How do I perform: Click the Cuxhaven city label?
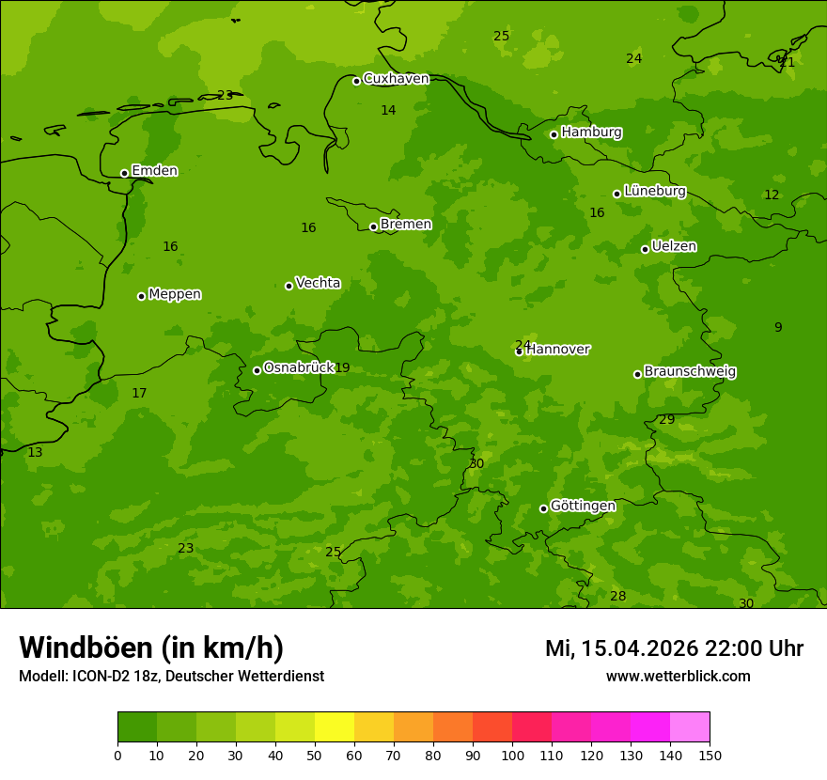coord(396,79)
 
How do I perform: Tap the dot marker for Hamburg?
coord(554,134)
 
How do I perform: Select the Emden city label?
coord(154,171)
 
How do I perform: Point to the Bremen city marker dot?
coord(373,226)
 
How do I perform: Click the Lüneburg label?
coord(654,191)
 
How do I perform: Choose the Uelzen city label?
coord(674,247)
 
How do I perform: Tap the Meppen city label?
coord(174,294)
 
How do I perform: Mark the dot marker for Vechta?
coord(289,286)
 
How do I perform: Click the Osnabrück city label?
coord(298,367)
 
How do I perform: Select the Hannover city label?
coord(558,350)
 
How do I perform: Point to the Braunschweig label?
coord(690,372)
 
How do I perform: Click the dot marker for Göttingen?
coord(543,508)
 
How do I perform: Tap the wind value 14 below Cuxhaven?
coord(388,111)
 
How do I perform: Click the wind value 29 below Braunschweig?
coord(666,420)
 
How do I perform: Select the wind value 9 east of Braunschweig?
coord(778,328)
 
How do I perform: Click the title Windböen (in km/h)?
coord(151,647)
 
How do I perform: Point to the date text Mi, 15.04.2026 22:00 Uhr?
coord(674,648)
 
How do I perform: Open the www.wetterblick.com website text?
coord(678,677)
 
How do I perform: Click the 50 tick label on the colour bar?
coord(315,755)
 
